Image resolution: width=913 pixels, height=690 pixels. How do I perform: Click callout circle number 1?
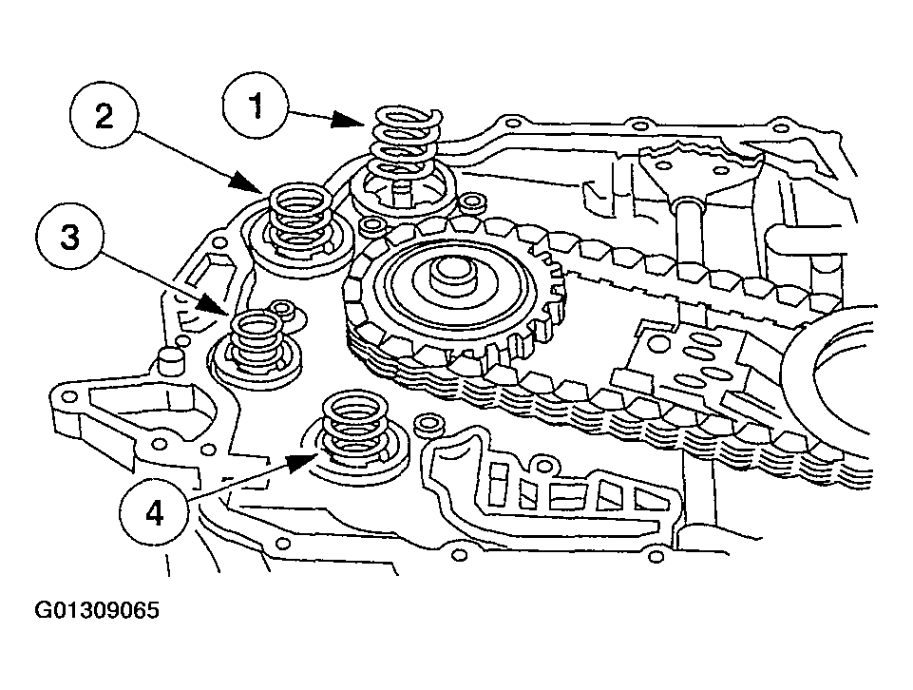pos(257,107)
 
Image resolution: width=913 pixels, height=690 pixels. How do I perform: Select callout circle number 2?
pos(104,116)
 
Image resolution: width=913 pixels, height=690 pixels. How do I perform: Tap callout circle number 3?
pos(69,237)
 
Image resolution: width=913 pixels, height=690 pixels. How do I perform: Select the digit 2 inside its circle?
pos(104,116)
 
